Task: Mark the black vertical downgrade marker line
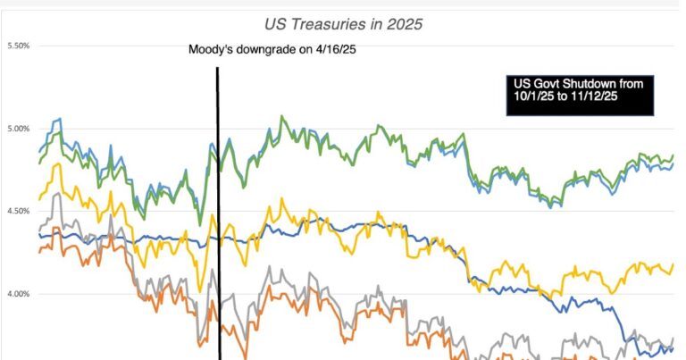pos(218,223)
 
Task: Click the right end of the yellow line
pos(673,264)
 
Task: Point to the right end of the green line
pos(673,155)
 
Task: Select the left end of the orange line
pos(38,253)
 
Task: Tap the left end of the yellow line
pos(38,198)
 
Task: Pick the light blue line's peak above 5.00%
pos(59,118)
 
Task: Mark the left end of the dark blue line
pos(38,235)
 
